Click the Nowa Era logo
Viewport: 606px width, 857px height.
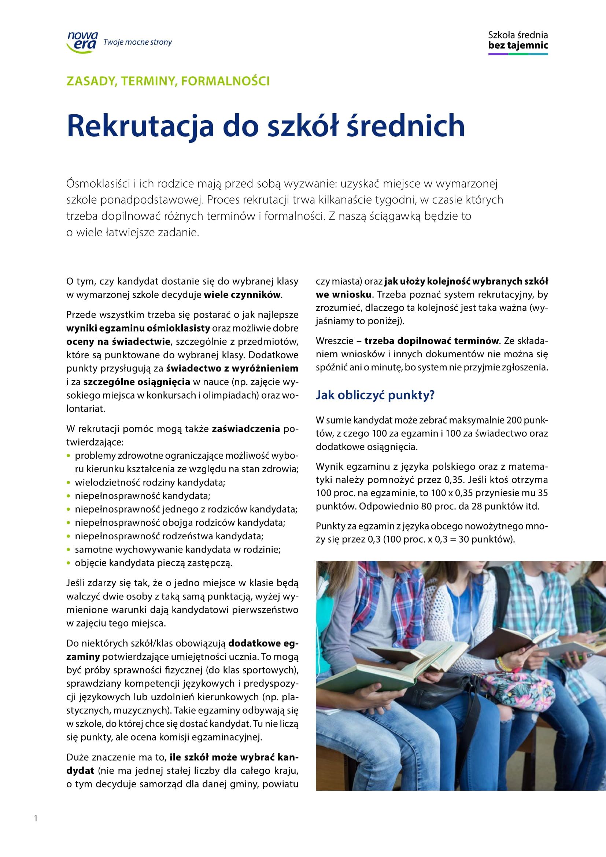click(82, 42)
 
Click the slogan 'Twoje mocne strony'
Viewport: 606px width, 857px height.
click(137, 42)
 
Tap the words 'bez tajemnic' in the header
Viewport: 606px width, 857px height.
click(518, 45)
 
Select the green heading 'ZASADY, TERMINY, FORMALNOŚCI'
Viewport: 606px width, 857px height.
click(168, 81)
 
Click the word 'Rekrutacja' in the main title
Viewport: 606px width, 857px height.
click(140, 126)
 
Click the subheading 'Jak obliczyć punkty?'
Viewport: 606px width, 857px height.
click(375, 395)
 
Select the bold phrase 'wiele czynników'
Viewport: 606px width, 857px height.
click(242, 295)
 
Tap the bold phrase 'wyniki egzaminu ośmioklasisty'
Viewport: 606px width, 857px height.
click(138, 328)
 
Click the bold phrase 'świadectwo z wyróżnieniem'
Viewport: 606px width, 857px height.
click(232, 368)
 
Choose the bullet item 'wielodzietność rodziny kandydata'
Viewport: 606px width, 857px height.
click(149, 483)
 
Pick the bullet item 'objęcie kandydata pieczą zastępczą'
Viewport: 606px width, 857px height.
click(154, 563)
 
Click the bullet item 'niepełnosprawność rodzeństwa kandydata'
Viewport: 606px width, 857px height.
click(169, 536)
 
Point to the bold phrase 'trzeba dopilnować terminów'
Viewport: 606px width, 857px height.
click(431, 341)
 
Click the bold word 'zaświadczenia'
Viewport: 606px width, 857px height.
click(246, 429)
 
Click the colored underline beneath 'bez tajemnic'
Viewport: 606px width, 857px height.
click(518, 54)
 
